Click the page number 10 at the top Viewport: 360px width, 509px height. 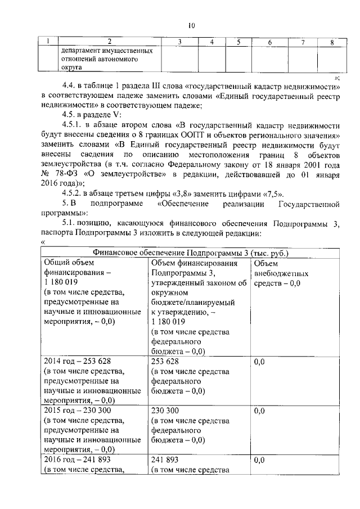(x=191, y=25)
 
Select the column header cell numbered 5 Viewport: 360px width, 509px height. (x=238, y=42)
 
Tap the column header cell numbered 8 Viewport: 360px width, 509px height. (x=331, y=42)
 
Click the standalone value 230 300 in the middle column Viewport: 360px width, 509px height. (x=165, y=410)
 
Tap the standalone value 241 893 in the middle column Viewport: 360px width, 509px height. (x=165, y=460)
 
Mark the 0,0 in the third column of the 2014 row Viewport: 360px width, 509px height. (x=259, y=362)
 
